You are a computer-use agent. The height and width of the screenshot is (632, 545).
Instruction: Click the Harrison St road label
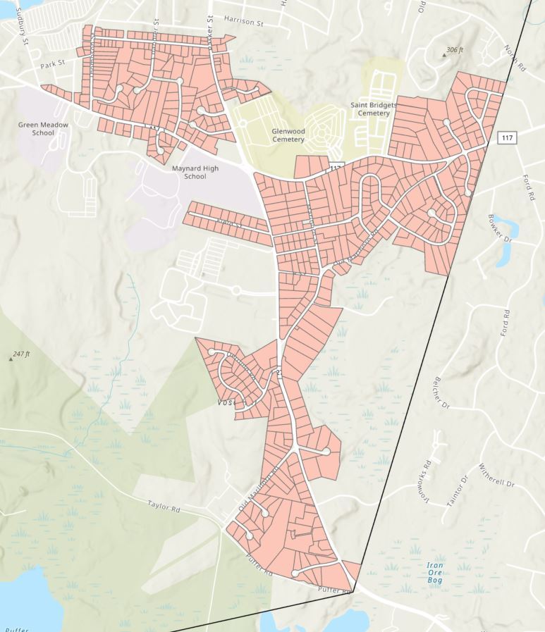coord(243,23)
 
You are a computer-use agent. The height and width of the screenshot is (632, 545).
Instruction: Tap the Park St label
coord(52,63)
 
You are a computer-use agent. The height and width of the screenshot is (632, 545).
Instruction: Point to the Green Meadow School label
coord(43,128)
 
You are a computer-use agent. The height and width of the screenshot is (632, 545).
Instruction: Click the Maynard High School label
coord(195,173)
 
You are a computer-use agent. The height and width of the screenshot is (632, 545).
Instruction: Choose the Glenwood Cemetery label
coord(288,135)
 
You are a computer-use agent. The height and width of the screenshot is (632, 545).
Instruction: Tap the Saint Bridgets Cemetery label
coord(374,109)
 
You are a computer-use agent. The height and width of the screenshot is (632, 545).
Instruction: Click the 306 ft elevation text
coord(456,51)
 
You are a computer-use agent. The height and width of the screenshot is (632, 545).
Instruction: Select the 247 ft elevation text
coord(22,354)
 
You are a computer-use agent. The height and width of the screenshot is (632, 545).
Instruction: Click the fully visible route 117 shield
coord(506,137)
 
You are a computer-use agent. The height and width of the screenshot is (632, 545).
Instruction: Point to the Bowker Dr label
coord(498,229)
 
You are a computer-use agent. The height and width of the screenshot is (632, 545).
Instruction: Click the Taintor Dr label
coord(457,489)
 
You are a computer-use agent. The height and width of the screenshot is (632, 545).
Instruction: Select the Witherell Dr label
coord(497,476)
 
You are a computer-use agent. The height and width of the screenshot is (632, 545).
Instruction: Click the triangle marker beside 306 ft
coord(443,54)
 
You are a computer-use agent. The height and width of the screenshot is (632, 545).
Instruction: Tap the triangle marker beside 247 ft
coord(10,359)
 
